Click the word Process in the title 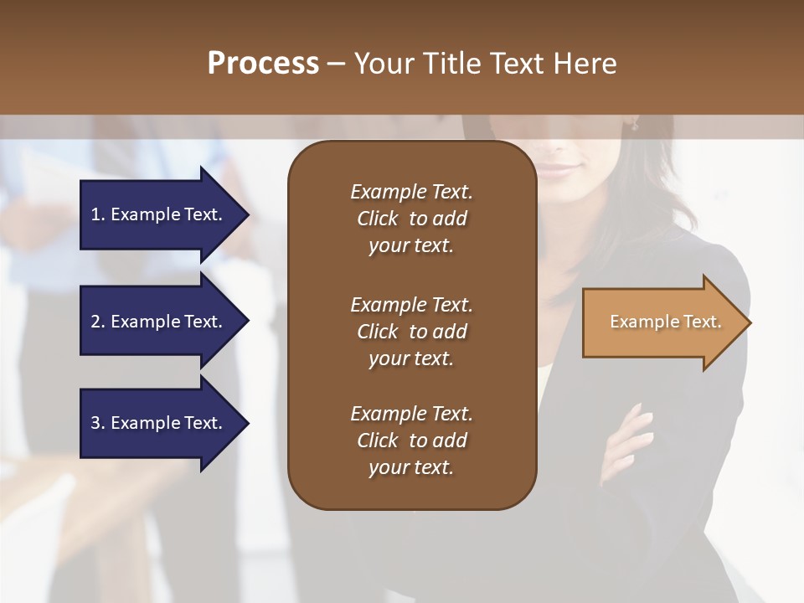(263, 64)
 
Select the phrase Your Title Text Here (485, 64)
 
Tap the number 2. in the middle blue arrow (98, 322)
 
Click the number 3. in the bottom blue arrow (98, 423)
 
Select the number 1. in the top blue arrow (98, 214)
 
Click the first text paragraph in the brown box (411, 219)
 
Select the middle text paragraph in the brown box (411, 332)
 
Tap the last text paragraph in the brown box (411, 441)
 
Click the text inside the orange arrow (665, 322)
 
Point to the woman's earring (634, 126)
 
